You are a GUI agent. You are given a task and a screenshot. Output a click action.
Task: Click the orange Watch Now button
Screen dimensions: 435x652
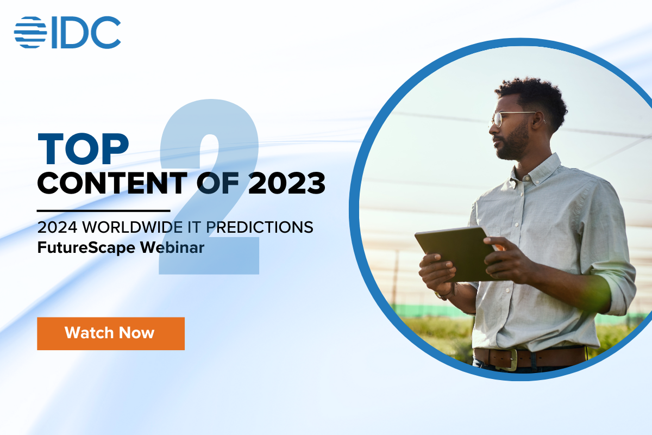coord(111,333)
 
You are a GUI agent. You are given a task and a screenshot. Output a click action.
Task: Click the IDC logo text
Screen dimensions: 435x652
coord(86,32)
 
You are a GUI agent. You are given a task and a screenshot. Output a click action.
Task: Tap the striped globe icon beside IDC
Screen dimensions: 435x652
coord(30,32)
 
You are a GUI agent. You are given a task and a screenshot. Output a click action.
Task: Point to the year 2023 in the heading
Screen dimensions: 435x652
coord(286,184)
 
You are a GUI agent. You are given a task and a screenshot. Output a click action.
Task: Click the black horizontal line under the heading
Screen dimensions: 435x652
coord(103,210)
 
